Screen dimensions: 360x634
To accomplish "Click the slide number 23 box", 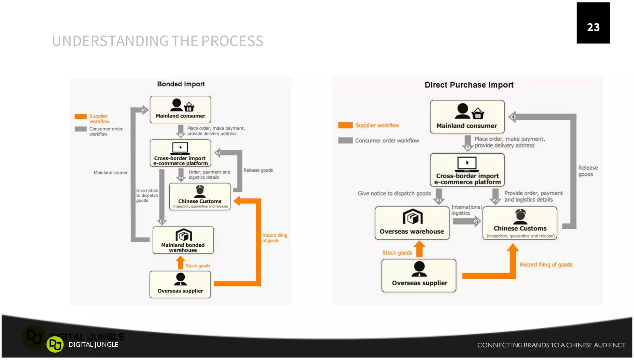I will [x=593, y=23].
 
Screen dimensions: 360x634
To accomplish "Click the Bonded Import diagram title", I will [x=181, y=84].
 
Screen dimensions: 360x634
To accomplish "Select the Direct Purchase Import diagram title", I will [x=469, y=85].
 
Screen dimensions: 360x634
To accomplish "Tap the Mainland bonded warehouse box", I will [x=183, y=240].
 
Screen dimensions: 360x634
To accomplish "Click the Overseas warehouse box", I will [x=412, y=223].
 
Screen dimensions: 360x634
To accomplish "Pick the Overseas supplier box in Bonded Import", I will [x=180, y=284].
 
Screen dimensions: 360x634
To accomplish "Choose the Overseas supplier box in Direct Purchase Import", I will [x=419, y=275].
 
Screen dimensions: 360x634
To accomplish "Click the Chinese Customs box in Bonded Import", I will [x=200, y=197].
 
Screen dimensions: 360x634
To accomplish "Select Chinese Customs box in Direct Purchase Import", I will [x=520, y=223].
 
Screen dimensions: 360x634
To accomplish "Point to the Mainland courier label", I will [x=111, y=173].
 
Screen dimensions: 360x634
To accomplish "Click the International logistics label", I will [x=466, y=210].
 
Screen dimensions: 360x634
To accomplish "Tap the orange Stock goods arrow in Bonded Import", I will [x=180, y=263].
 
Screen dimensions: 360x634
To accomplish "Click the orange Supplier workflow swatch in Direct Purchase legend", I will [x=345, y=125].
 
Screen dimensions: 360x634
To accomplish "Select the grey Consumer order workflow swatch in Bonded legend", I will [x=80, y=129].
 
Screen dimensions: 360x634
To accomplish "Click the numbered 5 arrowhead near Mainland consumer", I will [x=144, y=110].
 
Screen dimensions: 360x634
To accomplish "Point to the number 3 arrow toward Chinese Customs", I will [x=476, y=221].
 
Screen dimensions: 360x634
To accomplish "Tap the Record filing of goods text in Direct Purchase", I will [x=546, y=265].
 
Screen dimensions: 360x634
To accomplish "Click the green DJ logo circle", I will [x=55, y=345].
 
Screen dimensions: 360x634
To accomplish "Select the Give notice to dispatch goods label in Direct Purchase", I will [x=394, y=193].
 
